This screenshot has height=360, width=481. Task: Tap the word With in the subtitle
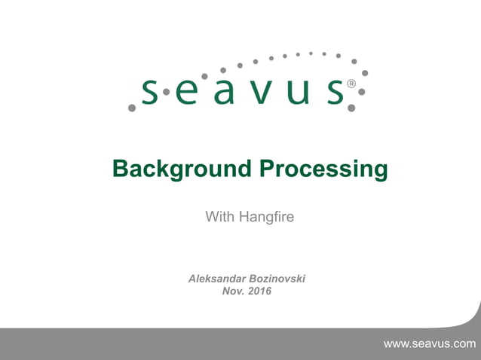tap(220, 218)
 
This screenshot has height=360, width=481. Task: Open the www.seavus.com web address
tap(430, 344)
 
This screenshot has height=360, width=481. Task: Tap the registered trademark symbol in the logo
tap(351, 84)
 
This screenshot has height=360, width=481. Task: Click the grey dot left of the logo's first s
tap(132, 108)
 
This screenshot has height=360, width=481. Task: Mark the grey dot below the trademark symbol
tap(351, 108)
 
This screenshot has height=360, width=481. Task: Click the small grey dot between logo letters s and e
tap(167, 92)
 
